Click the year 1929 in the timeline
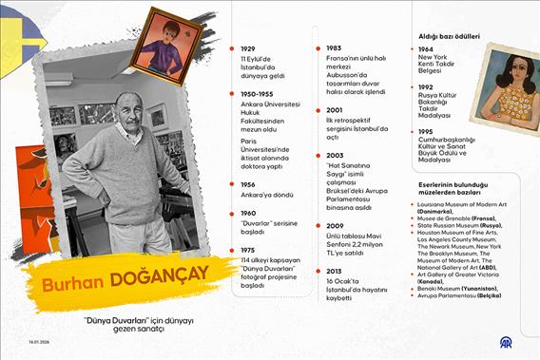(x=247, y=48)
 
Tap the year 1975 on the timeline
(x=247, y=250)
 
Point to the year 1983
(x=333, y=48)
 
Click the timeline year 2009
(x=334, y=227)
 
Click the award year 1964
(x=426, y=48)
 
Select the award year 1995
(x=426, y=131)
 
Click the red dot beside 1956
(x=231, y=184)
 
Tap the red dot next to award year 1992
(x=411, y=87)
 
